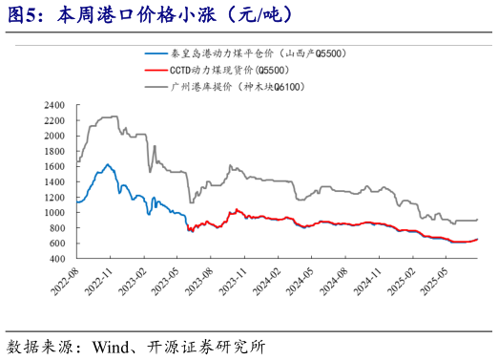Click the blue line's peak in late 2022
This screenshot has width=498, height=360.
(107, 164)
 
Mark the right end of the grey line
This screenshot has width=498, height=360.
(477, 220)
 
